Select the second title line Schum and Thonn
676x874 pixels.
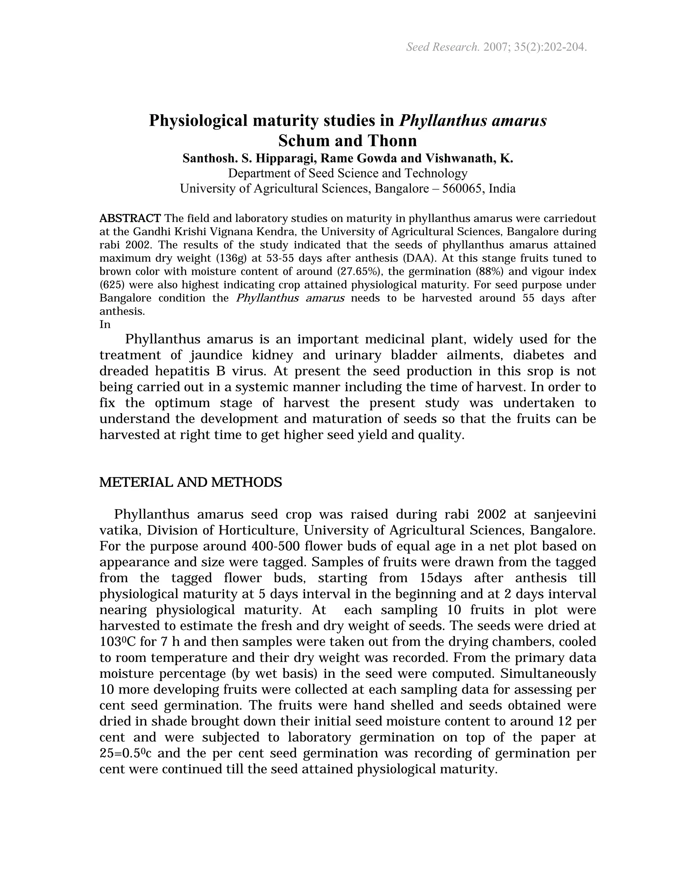pyautogui.click(x=348, y=140)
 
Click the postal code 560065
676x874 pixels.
pyautogui.click(x=462, y=188)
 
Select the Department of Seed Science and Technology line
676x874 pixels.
pyautogui.click(x=348, y=173)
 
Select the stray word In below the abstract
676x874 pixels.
pyautogui.click(x=105, y=324)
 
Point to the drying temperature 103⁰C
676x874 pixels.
pyautogui.click(x=118, y=642)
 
